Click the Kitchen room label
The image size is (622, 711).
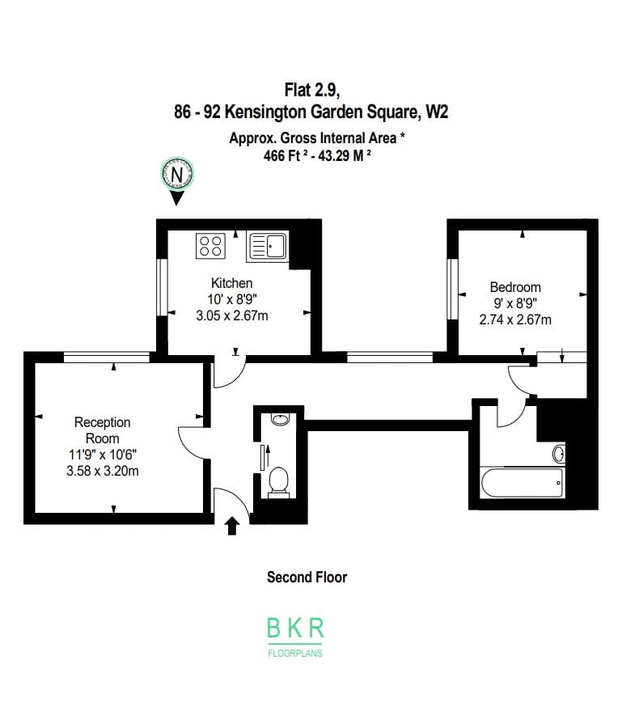click(231, 283)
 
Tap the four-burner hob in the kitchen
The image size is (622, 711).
click(211, 246)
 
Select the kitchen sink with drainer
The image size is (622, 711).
click(268, 248)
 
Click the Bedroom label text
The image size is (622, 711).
click(515, 287)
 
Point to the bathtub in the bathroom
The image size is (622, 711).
click(523, 483)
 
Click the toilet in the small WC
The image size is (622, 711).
click(279, 482)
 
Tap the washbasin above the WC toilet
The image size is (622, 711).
click(280, 419)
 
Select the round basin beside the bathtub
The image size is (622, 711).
click(559, 454)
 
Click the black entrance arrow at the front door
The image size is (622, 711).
click(233, 526)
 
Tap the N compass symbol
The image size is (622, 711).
click(177, 175)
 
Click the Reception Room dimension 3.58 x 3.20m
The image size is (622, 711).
click(103, 471)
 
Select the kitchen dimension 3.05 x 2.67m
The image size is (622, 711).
click(231, 315)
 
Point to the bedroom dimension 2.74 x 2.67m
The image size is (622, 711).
click(515, 320)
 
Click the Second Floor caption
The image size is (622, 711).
click(307, 578)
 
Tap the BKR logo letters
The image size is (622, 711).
click(295, 628)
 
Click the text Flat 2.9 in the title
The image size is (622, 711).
click(312, 90)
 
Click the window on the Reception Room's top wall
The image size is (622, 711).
click(107, 358)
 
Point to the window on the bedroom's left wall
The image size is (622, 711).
click(452, 289)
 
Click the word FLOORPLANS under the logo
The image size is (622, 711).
click(295, 654)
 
